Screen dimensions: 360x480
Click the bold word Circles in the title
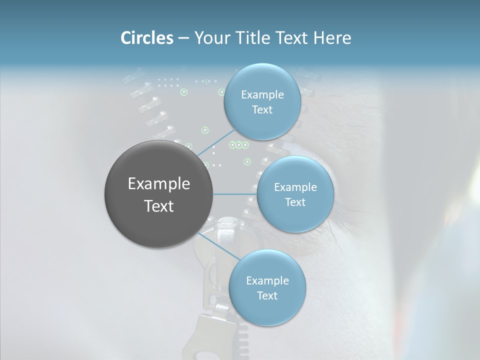146,38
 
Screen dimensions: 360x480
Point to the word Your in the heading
210,38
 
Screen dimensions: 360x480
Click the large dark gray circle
158,194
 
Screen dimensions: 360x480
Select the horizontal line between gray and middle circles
235,194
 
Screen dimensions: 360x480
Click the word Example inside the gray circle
158,184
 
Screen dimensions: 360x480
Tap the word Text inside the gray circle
158,206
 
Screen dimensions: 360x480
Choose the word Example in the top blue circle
262,95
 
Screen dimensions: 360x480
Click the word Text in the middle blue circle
295,202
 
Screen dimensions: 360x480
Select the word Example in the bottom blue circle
267,281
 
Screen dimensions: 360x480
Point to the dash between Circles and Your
183,38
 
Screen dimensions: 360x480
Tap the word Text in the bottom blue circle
267,295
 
